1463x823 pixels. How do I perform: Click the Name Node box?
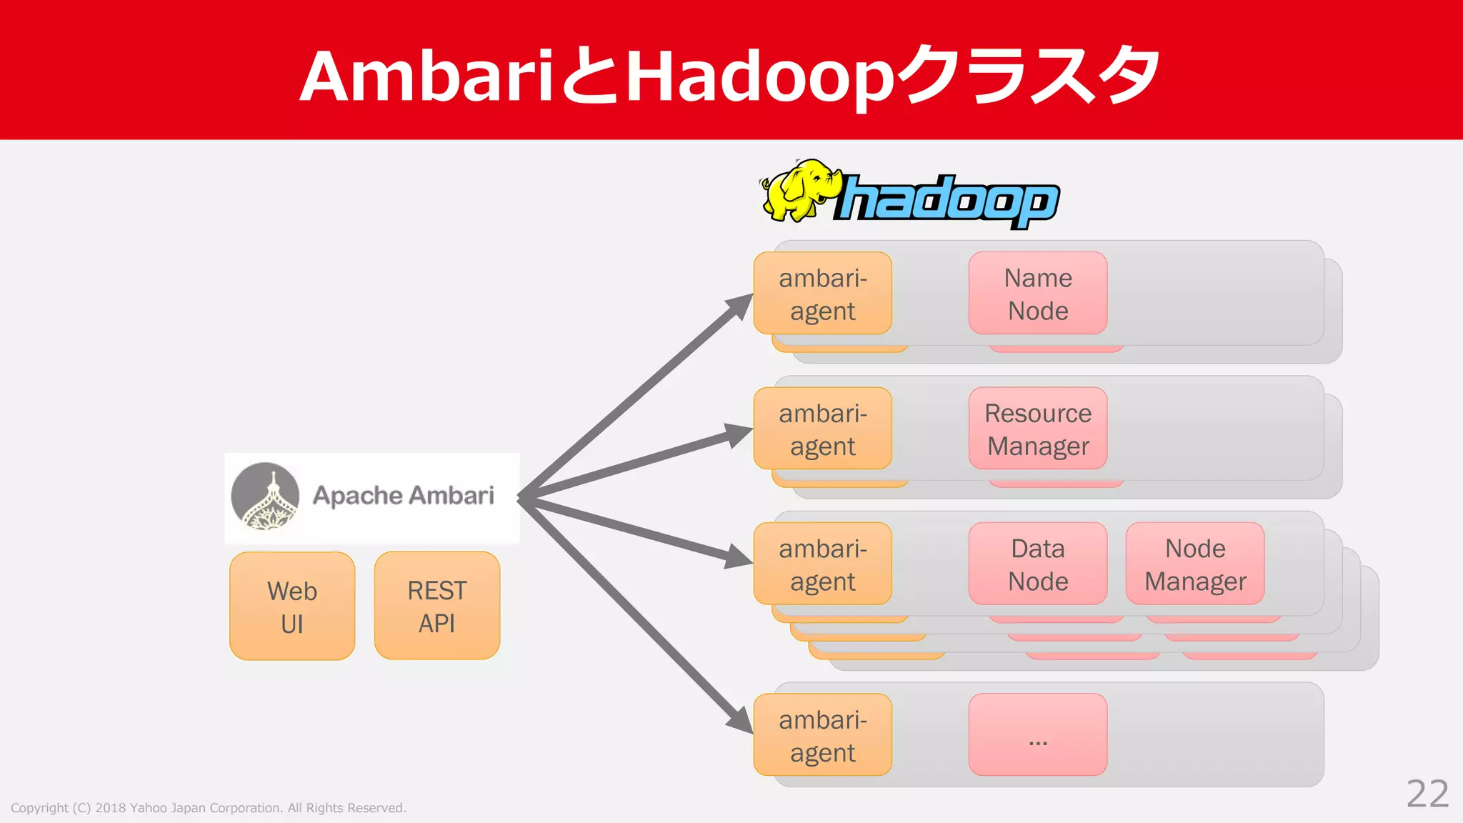tap(1037, 293)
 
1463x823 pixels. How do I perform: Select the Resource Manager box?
tap(1037, 429)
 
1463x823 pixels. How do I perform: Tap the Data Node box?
tap(1037, 564)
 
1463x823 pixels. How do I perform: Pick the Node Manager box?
tap(1194, 564)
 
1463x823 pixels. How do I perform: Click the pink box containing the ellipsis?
tap(1037, 734)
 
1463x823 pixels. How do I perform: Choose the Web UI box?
tap(292, 606)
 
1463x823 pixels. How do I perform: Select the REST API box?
tap(436, 606)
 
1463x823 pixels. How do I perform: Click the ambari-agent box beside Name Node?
tap(822, 293)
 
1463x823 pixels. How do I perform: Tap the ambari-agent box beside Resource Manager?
tap(822, 429)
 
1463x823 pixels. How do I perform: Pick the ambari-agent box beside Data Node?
tap(822, 564)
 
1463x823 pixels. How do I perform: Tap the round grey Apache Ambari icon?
tap(265, 497)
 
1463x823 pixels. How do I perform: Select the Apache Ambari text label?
tap(403, 495)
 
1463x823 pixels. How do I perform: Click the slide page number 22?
tap(1427, 794)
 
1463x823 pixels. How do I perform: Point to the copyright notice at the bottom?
tap(208, 808)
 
